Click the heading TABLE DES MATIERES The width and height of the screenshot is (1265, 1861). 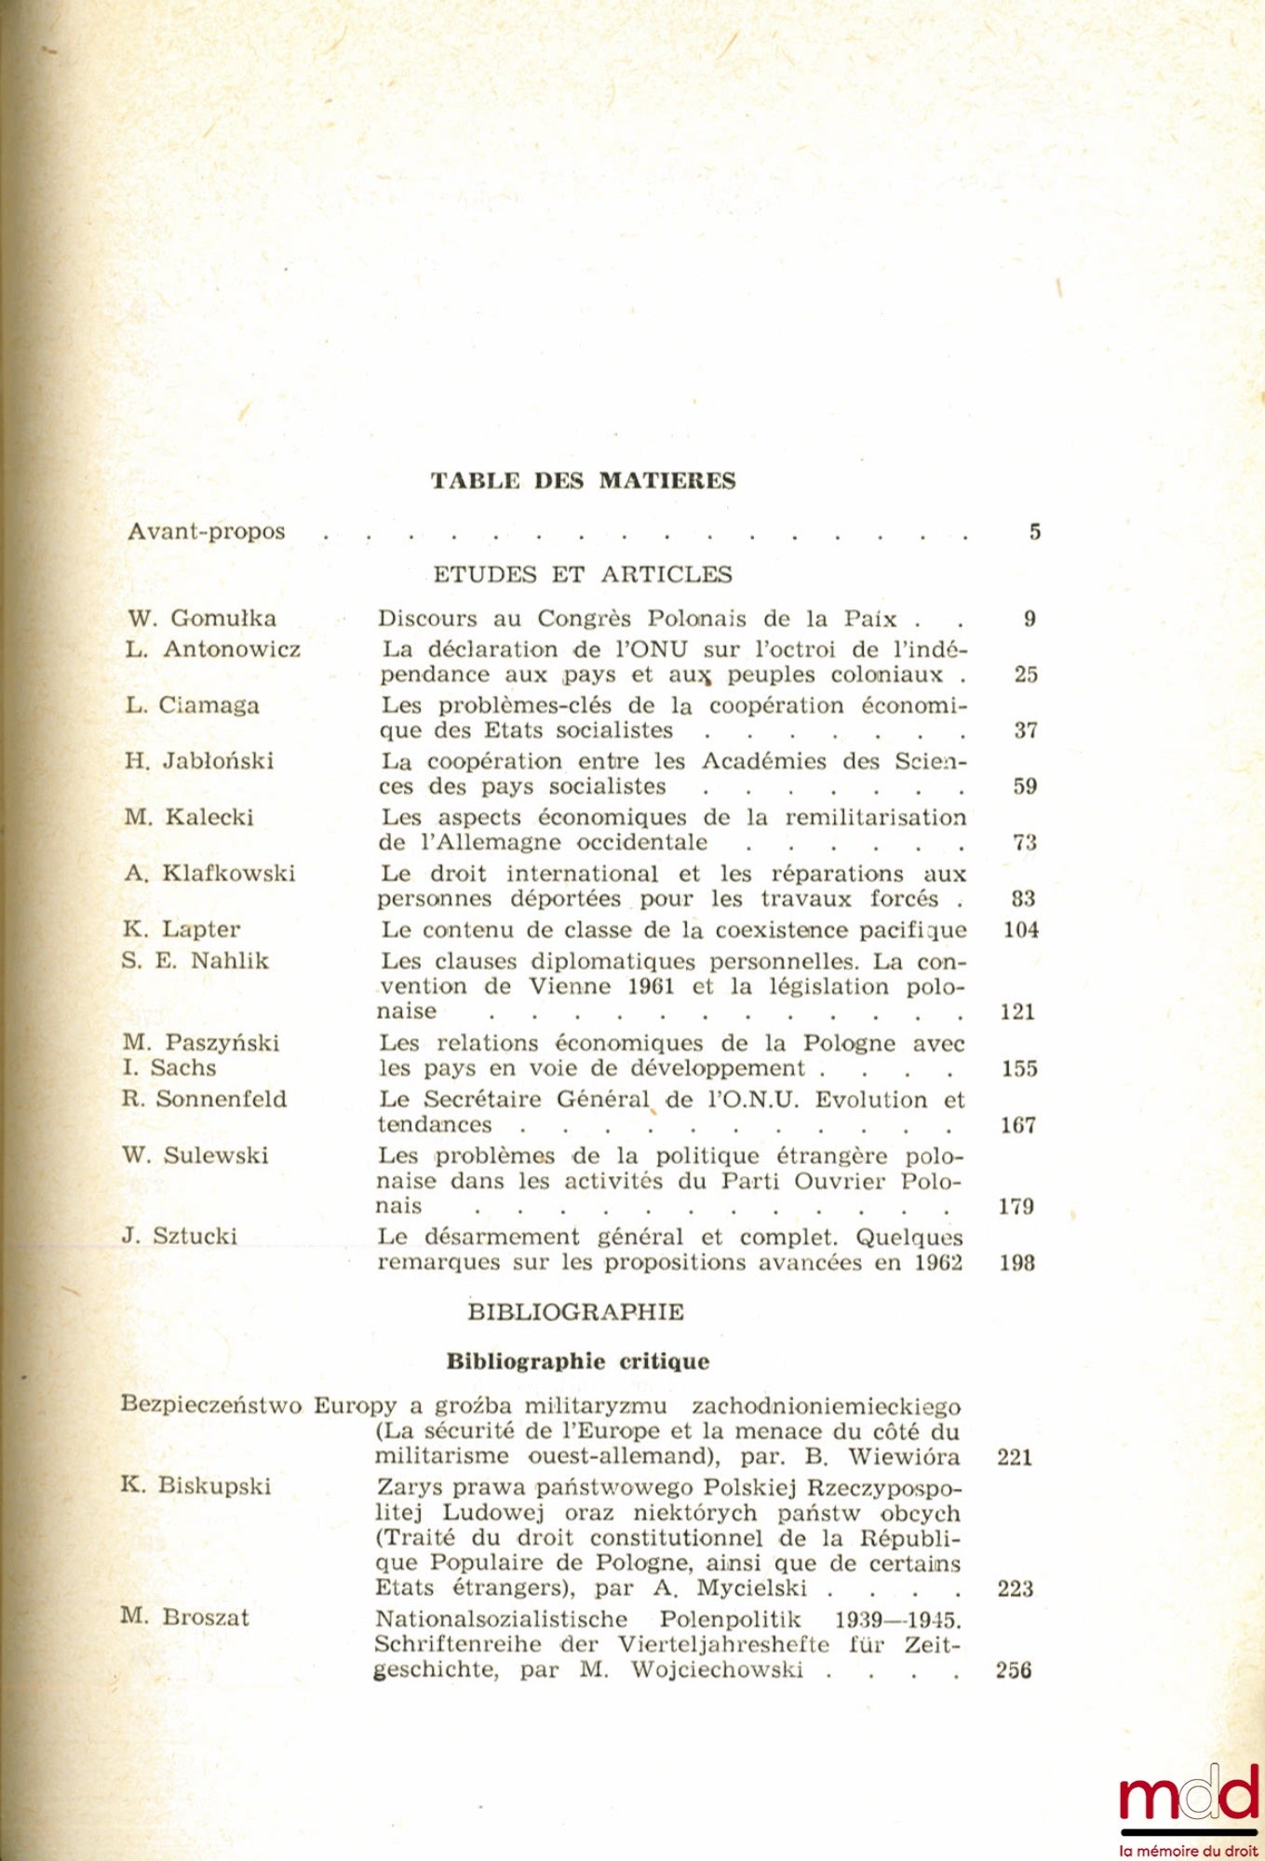(x=583, y=481)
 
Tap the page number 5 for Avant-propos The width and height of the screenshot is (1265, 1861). (x=1034, y=532)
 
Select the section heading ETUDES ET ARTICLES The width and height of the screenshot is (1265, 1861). (x=583, y=574)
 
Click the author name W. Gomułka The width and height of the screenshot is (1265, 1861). (x=203, y=619)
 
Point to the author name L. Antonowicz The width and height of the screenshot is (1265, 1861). (x=213, y=649)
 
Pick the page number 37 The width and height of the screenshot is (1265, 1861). (x=1025, y=730)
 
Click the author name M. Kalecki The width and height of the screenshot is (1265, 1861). (x=189, y=818)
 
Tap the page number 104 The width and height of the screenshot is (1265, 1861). (x=1020, y=930)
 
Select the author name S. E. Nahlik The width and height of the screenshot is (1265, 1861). (x=195, y=961)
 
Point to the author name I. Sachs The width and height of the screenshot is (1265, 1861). (x=169, y=1068)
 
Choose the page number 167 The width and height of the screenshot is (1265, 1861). (x=1018, y=1125)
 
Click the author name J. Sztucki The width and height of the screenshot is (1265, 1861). (x=180, y=1237)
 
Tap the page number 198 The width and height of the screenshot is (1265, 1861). (x=1017, y=1264)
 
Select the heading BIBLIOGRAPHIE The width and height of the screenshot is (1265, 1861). (x=575, y=1313)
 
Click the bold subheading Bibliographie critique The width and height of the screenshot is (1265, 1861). (x=577, y=1362)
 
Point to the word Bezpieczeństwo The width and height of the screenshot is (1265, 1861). (x=211, y=1405)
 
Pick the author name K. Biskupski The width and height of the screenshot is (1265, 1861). (x=196, y=1485)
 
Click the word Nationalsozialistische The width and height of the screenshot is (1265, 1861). (x=502, y=1619)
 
